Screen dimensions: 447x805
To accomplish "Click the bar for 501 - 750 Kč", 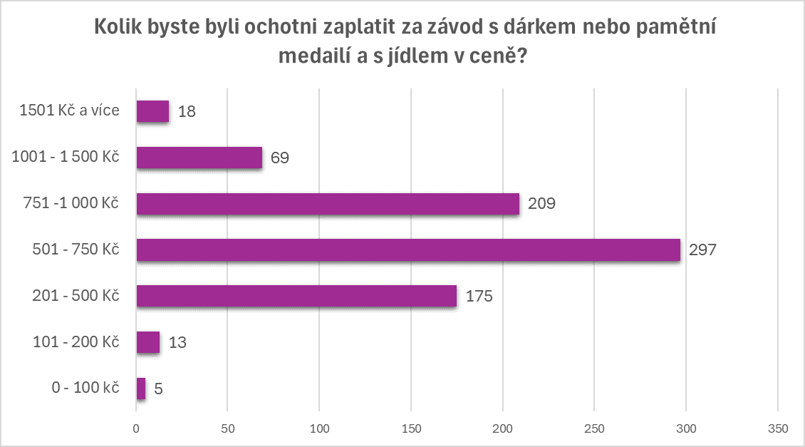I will (x=408, y=250).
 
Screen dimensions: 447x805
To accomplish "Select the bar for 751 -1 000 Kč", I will (x=328, y=204).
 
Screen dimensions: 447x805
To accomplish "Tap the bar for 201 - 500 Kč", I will (x=296, y=296).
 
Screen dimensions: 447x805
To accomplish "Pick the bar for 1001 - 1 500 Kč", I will (x=199, y=158).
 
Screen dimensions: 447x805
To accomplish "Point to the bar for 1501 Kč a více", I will (x=152, y=111).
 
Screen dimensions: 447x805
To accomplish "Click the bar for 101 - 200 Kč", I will (x=148, y=342).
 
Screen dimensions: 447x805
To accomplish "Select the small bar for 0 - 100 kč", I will (x=141, y=389).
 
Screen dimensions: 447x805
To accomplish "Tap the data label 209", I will (x=541, y=204).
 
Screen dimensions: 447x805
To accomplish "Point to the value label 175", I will (x=479, y=297).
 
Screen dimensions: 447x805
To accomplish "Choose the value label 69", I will (x=279, y=158).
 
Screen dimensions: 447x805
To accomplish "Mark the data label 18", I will (x=187, y=112).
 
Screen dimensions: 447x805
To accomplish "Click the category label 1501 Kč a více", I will (x=69, y=111).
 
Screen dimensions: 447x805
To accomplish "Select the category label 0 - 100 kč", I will (x=84, y=389).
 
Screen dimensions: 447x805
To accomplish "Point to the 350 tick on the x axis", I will (x=778, y=428).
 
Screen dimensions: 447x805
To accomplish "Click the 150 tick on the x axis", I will (x=411, y=428).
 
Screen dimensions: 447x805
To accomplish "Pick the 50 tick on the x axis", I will (x=227, y=428).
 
